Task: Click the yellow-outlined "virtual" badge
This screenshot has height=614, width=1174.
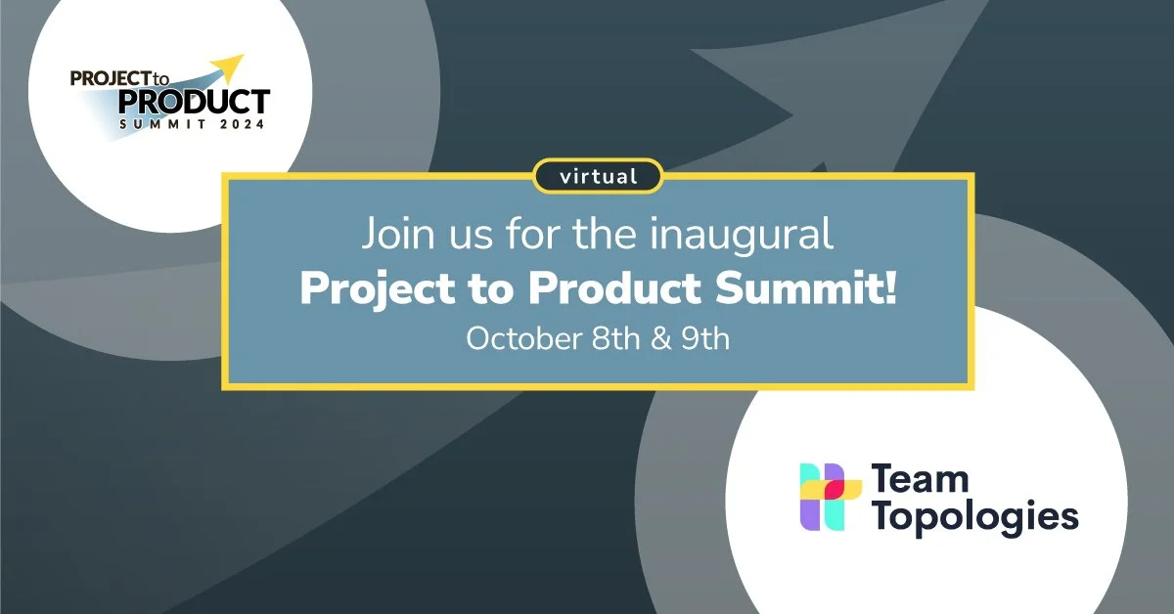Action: tap(599, 177)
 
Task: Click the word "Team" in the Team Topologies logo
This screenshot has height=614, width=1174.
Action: tap(920, 480)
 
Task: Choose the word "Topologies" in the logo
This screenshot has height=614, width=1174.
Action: tap(973, 516)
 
